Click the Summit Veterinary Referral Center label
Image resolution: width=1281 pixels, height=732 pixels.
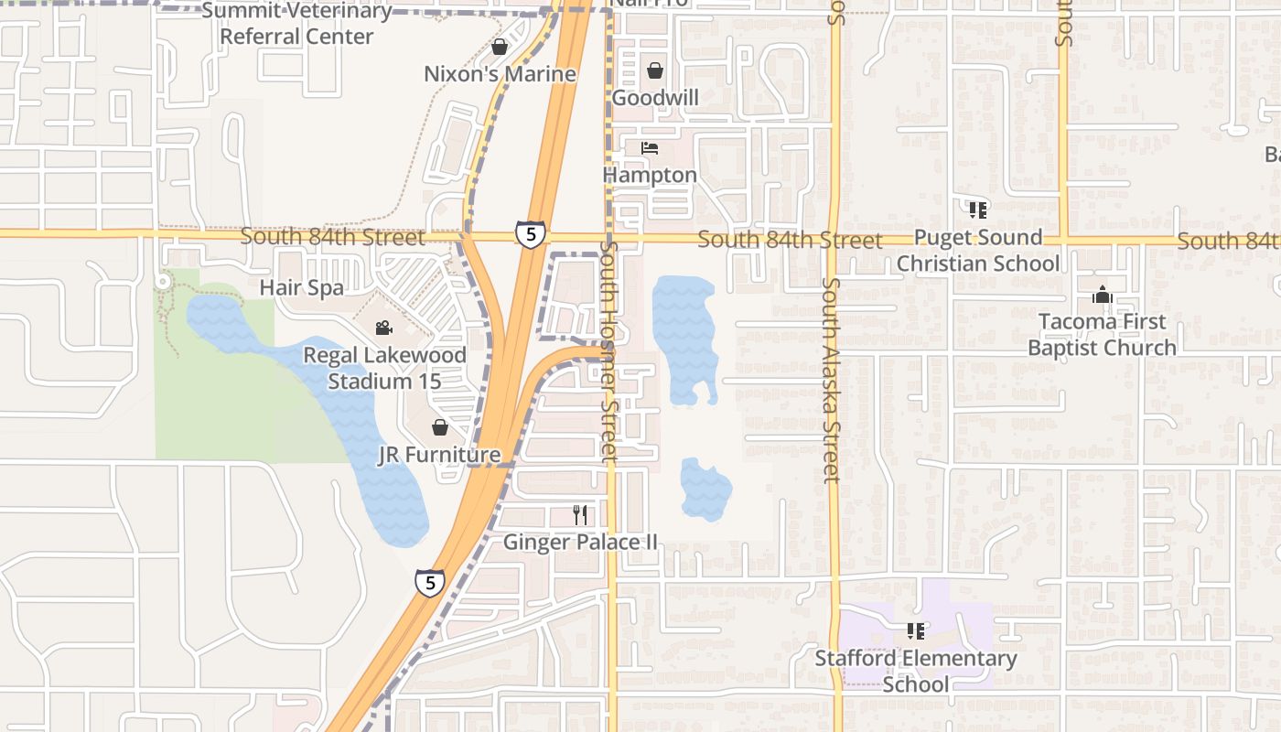click(296, 24)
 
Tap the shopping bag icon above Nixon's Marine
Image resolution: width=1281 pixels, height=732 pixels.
click(500, 47)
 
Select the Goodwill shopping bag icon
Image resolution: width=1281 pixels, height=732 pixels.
click(655, 70)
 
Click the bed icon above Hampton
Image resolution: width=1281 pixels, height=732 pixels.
click(650, 148)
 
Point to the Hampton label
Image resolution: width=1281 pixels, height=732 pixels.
click(650, 175)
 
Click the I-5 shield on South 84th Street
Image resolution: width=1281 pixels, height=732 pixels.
click(531, 233)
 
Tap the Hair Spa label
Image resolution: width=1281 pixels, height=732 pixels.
click(302, 287)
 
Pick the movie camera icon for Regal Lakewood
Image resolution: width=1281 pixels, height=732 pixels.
click(383, 328)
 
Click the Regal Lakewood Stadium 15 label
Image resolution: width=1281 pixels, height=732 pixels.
click(384, 368)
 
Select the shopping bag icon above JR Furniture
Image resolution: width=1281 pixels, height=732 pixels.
click(440, 427)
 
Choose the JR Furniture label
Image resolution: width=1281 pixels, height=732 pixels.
click(439, 455)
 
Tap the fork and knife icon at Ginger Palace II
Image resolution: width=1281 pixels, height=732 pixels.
click(580, 515)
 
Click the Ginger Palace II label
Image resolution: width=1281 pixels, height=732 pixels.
click(580, 543)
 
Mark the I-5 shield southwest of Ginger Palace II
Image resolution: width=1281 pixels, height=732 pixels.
click(430, 582)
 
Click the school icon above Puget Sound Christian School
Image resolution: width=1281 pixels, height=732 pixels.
click(977, 210)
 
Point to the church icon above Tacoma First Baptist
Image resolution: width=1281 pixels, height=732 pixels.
click(1102, 296)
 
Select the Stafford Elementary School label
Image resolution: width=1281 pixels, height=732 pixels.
click(916, 671)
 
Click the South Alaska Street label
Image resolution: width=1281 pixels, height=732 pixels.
click(830, 380)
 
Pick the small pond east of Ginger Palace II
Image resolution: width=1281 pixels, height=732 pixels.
click(705, 489)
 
